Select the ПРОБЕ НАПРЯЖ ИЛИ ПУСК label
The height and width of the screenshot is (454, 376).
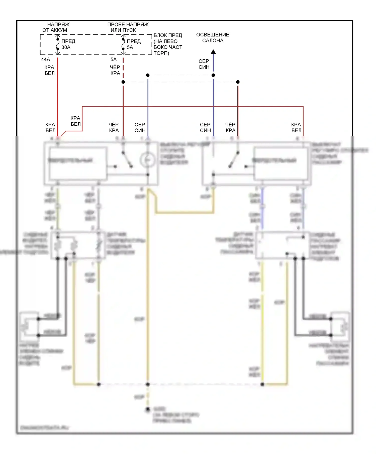coord(128,27)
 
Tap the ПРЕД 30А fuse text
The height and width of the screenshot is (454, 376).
coord(68,44)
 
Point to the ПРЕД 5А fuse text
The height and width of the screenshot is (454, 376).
coord(134,44)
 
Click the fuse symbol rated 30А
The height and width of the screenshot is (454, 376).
coord(58,44)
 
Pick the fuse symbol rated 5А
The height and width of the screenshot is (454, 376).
coord(123,44)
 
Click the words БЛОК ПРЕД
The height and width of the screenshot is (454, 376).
coord(168,35)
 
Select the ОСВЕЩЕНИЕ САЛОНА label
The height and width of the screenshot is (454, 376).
coord(213,38)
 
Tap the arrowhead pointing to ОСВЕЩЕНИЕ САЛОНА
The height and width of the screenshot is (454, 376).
coord(213,52)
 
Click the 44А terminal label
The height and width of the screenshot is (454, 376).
coord(46,60)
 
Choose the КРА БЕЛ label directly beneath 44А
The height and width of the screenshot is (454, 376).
coord(49,70)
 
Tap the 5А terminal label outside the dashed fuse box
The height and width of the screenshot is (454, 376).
coord(114,60)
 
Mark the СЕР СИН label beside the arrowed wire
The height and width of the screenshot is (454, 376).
coord(204,64)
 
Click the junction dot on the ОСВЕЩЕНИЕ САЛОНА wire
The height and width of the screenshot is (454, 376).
coord(213,75)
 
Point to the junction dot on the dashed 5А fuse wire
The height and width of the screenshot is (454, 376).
coord(123,82)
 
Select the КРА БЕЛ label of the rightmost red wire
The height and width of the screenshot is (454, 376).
coord(296,127)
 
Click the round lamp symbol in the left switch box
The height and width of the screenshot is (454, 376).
coord(147,160)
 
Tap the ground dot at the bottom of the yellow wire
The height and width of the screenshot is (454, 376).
coord(148,409)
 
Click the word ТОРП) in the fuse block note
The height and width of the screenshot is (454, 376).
coord(161,53)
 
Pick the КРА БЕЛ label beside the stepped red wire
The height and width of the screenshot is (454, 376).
coord(75,121)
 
